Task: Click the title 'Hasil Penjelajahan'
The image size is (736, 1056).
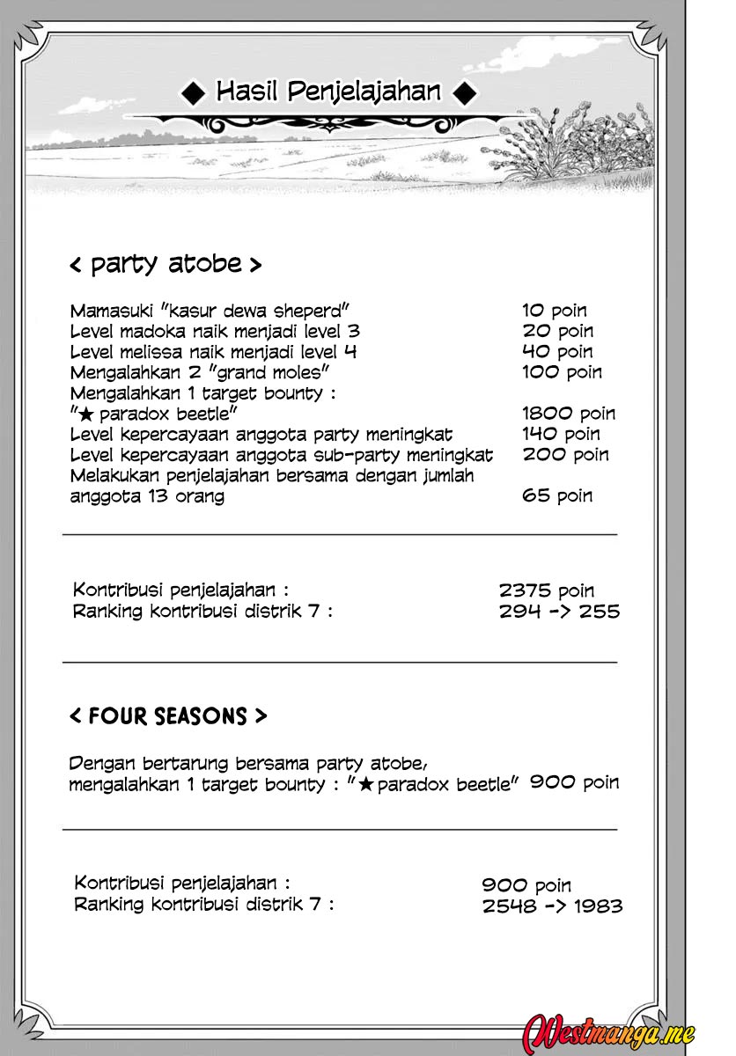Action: pyautogui.click(x=328, y=91)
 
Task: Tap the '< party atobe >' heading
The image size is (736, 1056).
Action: pyautogui.click(x=166, y=263)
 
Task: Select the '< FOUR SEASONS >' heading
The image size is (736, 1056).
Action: pyautogui.click(x=168, y=716)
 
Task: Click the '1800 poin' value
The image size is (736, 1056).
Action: pyautogui.click(x=568, y=414)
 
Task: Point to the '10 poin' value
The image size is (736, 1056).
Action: pyautogui.click(x=554, y=311)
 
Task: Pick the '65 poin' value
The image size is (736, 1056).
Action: pyautogui.click(x=557, y=495)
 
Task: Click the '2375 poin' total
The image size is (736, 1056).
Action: pyautogui.click(x=546, y=590)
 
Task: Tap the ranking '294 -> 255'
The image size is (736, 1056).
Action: pyautogui.click(x=559, y=611)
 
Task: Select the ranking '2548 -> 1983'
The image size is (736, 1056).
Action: pyautogui.click(x=552, y=906)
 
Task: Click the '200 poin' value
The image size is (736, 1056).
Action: pyautogui.click(x=565, y=455)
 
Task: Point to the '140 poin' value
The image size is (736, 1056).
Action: pyautogui.click(x=561, y=434)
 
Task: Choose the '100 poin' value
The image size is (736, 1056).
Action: pyautogui.click(x=562, y=372)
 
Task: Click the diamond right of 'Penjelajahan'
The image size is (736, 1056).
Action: pyautogui.click(x=468, y=91)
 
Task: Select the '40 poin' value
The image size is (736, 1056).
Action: pyautogui.click(x=557, y=352)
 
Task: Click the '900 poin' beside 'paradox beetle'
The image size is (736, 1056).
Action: pyautogui.click(x=574, y=781)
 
